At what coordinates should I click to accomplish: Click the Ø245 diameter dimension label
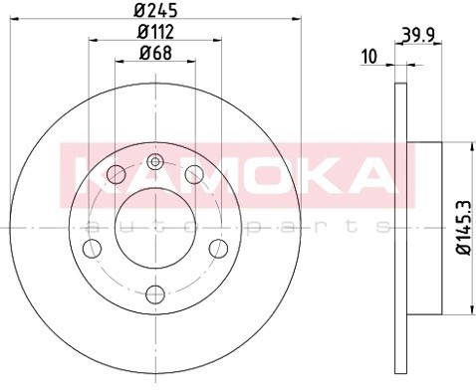click(x=155, y=9)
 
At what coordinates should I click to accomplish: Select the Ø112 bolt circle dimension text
click(x=155, y=32)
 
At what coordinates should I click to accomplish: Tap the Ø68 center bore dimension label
click(x=155, y=53)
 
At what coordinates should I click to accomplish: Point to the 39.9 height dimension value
click(x=418, y=35)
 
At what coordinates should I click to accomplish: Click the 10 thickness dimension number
click(x=369, y=56)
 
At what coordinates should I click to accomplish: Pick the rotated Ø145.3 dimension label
click(x=463, y=228)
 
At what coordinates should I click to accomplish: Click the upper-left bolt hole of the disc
click(x=117, y=174)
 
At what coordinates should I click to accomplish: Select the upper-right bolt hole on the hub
click(x=194, y=174)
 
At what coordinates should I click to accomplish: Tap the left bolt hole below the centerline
click(x=92, y=249)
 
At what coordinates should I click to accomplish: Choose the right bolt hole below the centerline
click(x=218, y=249)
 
